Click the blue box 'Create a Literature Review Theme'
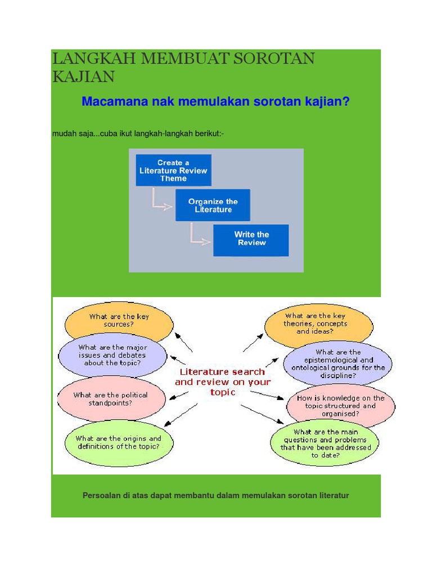[173, 170]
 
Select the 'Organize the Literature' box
[213, 205]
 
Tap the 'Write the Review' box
[251, 240]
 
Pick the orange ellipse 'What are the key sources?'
[119, 321]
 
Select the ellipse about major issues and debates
[112, 356]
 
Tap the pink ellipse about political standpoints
[111, 399]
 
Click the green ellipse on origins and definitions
[118, 442]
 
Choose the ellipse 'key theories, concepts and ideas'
[318, 324]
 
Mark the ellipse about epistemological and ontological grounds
[337, 363]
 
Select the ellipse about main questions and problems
[326, 443]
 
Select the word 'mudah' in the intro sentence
[64, 133]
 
